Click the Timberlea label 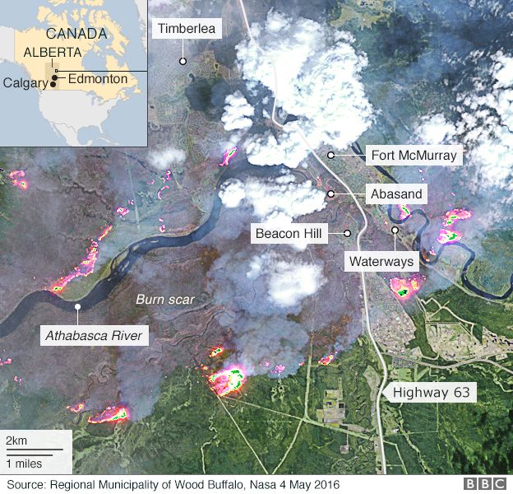pos(187,29)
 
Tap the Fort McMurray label pos(414,155)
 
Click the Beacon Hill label pos(290,234)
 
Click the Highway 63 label pos(431,393)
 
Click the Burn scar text pos(165,300)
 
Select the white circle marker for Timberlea pos(183,61)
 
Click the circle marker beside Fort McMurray pos(330,155)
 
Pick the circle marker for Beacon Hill pos(348,234)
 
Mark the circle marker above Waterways pos(395,231)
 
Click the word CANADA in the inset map pos(76,34)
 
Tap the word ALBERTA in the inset pos(53,51)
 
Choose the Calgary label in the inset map pos(24,82)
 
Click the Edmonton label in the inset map pos(98,78)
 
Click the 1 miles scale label pos(25,464)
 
